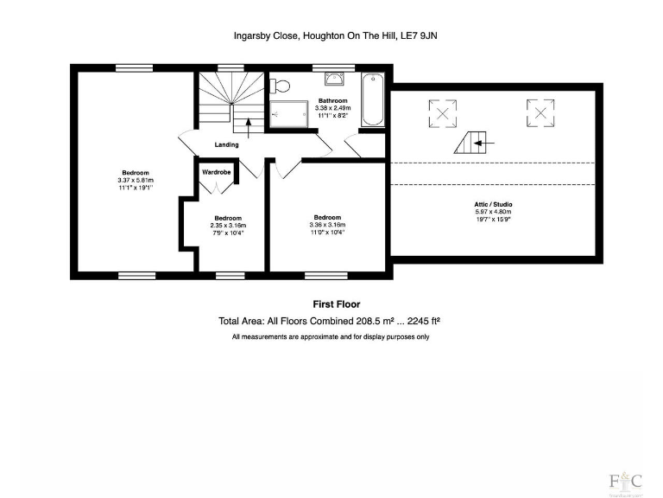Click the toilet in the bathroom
(x=279, y=85)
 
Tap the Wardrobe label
(x=217, y=172)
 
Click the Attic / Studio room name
(x=493, y=204)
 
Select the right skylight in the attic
(x=540, y=112)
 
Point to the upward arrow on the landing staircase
(x=249, y=128)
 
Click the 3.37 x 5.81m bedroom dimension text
(x=136, y=179)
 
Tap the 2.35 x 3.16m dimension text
(x=228, y=225)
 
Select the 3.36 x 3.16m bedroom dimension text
(x=327, y=225)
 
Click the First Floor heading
(x=336, y=304)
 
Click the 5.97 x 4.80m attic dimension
(x=493, y=212)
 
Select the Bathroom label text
(x=332, y=100)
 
